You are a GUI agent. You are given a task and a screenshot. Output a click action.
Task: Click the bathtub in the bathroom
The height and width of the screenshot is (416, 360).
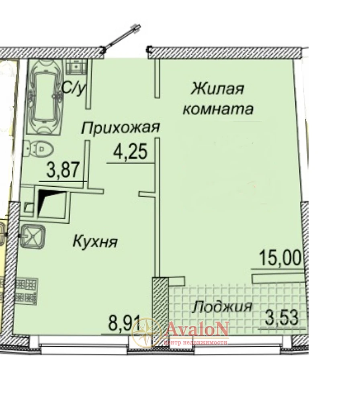coord(45,97)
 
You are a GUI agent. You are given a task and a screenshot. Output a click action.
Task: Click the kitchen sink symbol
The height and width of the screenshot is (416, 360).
coord(32,237)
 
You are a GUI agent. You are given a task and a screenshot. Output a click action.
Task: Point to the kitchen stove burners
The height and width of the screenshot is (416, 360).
coord(27,291)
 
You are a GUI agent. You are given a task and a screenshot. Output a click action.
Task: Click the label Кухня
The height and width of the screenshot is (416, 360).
coord(95,241)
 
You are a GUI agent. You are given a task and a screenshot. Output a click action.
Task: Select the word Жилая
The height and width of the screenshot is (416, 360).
coord(217,88)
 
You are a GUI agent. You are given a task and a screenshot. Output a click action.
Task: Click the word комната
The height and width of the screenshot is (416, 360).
coord(218,109)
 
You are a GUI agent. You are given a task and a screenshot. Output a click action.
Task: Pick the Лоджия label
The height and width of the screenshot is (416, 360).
coord(222,307)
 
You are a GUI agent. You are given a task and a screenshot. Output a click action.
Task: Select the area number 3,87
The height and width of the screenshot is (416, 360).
coord(63,170)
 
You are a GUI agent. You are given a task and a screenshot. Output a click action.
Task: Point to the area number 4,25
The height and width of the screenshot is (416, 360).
coord(130,152)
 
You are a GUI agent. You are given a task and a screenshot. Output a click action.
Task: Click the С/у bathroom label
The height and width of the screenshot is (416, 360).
coord(73,89)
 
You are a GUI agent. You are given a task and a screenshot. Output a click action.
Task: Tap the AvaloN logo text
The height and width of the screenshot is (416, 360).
coord(197,328)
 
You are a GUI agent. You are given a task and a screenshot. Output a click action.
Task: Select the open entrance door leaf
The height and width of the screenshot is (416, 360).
coord(121,39)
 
